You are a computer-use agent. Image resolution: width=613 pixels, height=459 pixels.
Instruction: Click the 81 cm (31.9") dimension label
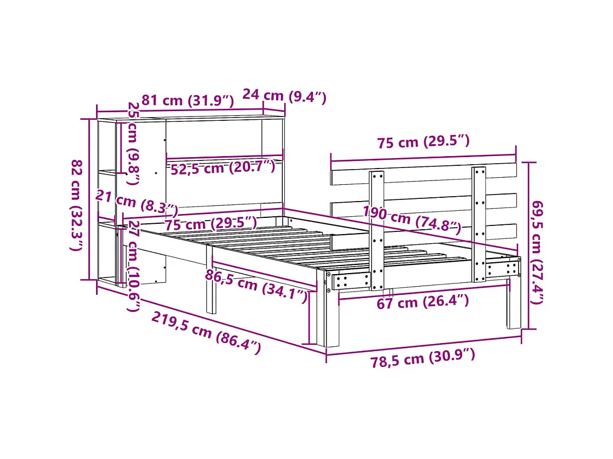click(x=187, y=101)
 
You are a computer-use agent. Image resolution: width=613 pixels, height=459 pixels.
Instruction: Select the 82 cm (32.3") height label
click(x=77, y=205)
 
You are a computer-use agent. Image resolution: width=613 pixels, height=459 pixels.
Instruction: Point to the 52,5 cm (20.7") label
click(x=222, y=167)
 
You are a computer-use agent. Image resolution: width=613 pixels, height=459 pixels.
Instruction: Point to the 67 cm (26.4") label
click(x=423, y=302)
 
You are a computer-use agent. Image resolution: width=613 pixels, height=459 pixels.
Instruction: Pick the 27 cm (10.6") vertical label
click(x=133, y=266)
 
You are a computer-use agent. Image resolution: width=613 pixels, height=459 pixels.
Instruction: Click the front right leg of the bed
click(x=514, y=303)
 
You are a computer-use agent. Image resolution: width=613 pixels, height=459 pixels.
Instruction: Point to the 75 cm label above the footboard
click(x=423, y=143)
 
